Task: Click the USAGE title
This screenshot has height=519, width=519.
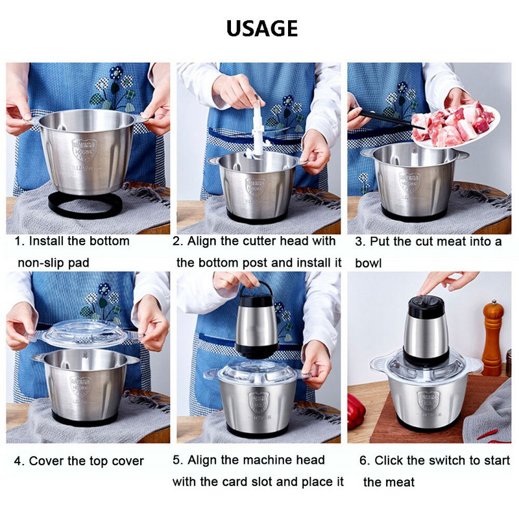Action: (x=262, y=28)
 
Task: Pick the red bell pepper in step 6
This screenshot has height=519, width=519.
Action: (x=356, y=411)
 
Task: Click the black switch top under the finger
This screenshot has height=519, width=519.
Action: (x=426, y=306)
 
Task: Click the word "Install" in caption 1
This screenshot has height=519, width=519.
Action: (x=46, y=241)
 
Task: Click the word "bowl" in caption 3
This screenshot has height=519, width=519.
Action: (x=368, y=263)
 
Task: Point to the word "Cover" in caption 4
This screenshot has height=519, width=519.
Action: (x=44, y=461)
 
